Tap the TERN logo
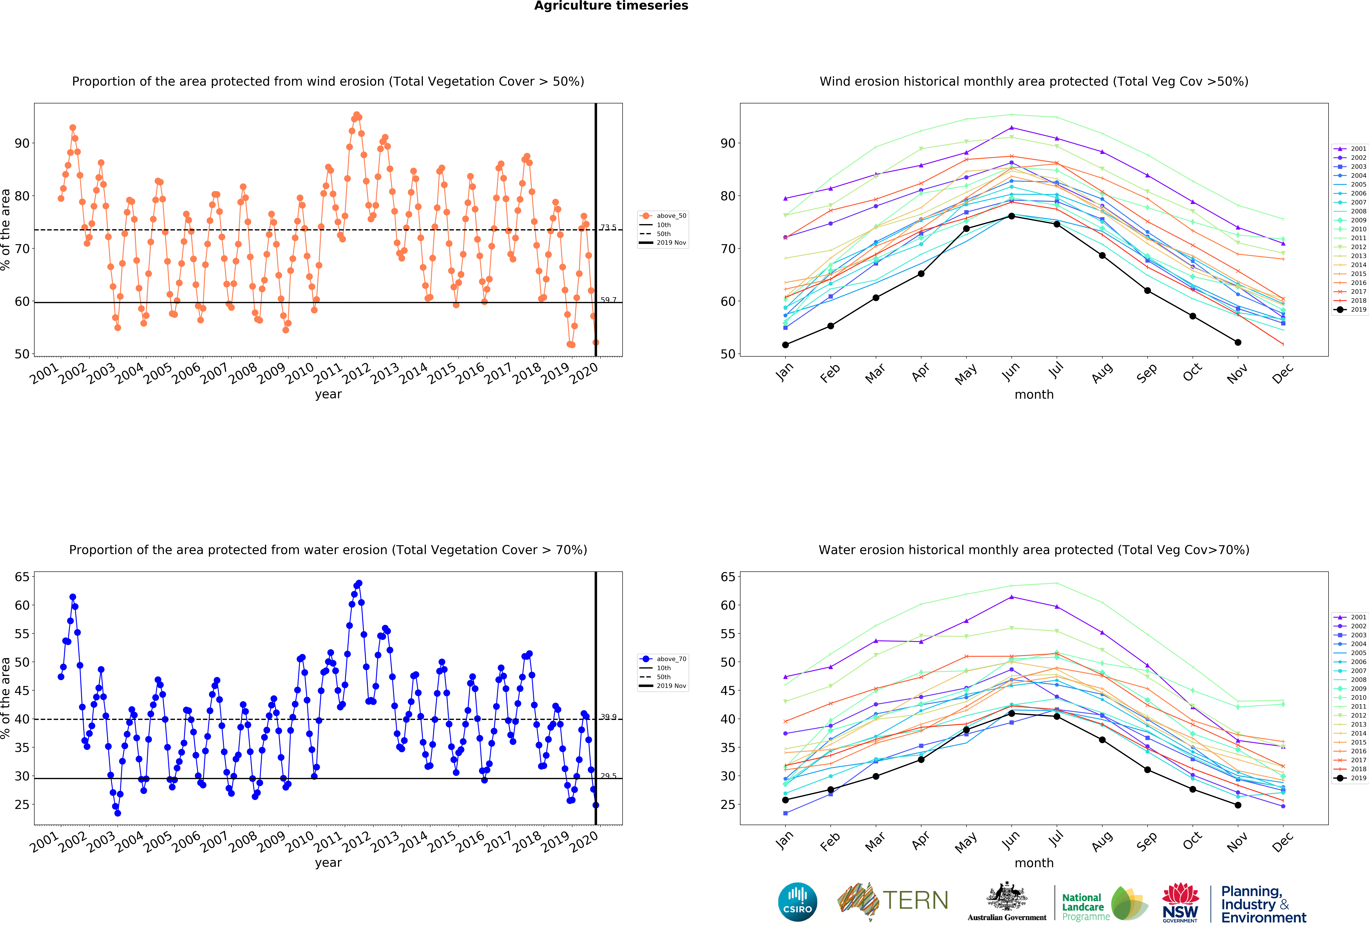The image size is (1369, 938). tap(892, 901)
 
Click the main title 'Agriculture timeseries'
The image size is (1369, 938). tap(611, 6)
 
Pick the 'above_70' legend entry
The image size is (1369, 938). tap(663, 659)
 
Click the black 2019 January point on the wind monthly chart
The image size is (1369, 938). tap(785, 345)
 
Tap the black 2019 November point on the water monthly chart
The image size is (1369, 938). tap(1238, 805)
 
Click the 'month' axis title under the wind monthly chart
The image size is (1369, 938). tap(1034, 394)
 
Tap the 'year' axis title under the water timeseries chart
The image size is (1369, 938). tap(328, 863)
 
